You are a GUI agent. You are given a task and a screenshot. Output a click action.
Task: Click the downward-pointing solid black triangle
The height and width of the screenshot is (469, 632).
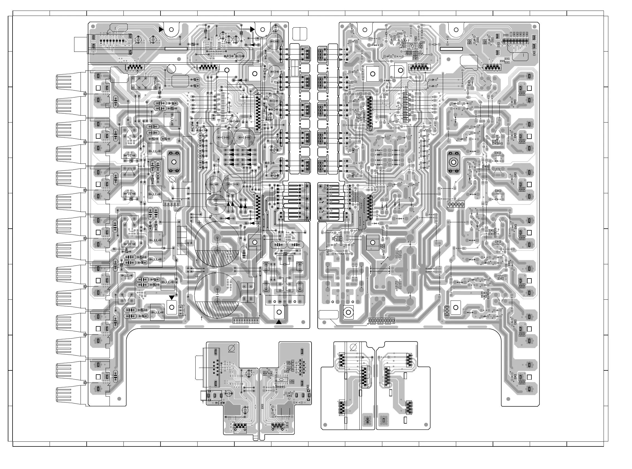(x=172, y=297)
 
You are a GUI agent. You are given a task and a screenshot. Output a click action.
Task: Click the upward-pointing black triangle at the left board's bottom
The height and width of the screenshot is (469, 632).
(x=279, y=322)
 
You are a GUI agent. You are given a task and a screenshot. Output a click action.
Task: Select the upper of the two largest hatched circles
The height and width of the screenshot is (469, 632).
(x=217, y=245)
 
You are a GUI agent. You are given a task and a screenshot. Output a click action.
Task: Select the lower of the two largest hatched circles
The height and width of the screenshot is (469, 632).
(x=217, y=295)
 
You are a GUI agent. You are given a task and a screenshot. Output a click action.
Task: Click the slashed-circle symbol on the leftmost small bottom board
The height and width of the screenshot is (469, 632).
(x=232, y=348)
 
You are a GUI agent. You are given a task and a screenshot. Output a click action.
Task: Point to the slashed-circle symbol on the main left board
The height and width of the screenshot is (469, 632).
(x=172, y=179)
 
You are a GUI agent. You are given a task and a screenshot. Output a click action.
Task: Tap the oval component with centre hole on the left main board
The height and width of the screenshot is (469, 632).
(x=174, y=162)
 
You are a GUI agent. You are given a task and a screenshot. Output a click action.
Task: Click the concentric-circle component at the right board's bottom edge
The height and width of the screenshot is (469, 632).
(x=349, y=312)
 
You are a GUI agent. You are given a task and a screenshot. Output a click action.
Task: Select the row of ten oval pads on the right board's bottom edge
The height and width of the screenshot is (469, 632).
(x=381, y=321)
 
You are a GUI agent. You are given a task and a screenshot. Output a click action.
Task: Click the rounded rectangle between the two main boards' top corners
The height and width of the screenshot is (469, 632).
(x=300, y=33)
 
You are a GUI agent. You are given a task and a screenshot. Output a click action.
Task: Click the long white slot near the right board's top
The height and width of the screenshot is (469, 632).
(x=451, y=49)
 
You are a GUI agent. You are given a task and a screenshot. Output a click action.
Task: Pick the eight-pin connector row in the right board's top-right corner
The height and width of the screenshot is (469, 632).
(x=516, y=41)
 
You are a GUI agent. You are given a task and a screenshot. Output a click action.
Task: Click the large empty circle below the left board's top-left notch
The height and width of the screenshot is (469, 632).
(x=171, y=69)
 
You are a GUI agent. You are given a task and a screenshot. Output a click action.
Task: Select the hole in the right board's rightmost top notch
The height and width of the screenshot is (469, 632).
(x=456, y=30)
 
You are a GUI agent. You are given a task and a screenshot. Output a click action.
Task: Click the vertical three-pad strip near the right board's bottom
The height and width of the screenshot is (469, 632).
(x=446, y=311)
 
